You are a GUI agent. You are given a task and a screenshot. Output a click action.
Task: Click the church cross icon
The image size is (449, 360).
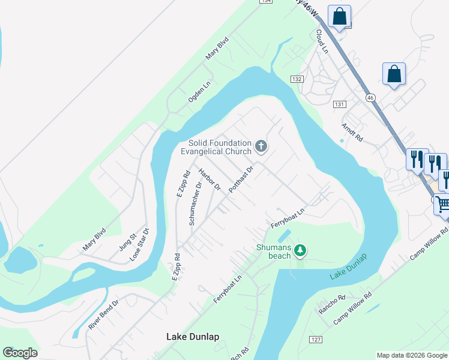(261, 146)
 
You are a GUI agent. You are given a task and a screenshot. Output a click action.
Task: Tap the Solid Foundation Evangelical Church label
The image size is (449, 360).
(220, 147)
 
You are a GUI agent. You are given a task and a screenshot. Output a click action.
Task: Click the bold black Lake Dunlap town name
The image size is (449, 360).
(193, 337)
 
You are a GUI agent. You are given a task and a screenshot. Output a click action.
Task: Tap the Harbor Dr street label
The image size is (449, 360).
(210, 179)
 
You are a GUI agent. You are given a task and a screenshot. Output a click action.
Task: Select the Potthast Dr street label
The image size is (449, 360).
(241, 179)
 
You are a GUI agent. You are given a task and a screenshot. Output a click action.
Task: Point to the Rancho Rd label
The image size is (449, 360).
(332, 305)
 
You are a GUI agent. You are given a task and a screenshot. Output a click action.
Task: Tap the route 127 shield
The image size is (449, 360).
(316, 339)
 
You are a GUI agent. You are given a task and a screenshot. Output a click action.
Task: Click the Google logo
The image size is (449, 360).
(20, 353)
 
